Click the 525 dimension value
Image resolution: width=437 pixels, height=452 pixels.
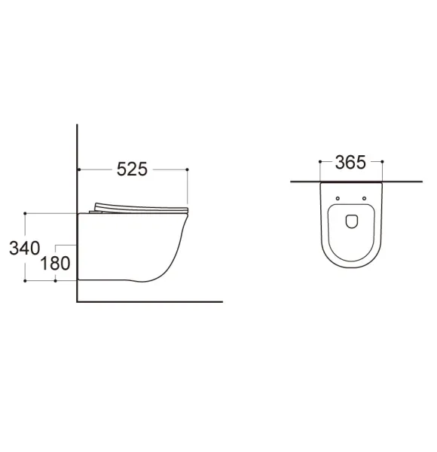tap(132, 169)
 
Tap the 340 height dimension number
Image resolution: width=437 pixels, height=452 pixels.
tap(25, 248)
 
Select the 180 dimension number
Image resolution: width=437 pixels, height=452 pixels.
tap(55, 264)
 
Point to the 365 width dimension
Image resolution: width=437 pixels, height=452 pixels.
tap(350, 162)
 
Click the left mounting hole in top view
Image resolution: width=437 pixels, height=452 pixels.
tap(338, 198)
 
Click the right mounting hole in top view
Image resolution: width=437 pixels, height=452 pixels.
tap(365, 198)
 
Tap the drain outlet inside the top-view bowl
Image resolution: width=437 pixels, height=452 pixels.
tap(352, 221)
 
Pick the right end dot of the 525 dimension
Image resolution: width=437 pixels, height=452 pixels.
tap(188, 169)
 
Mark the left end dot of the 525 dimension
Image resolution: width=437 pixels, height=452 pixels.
tap(79, 169)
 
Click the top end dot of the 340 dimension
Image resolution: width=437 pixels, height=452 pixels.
tap(25, 213)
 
